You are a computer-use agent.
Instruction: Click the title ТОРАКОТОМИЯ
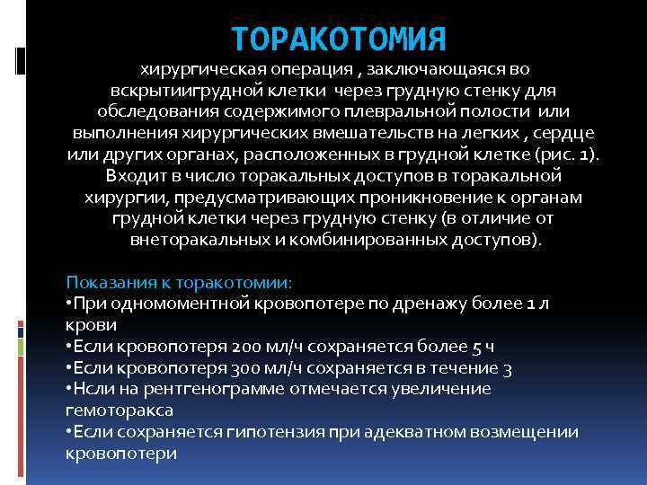[x=338, y=40]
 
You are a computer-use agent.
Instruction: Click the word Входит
[x=132, y=175]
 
